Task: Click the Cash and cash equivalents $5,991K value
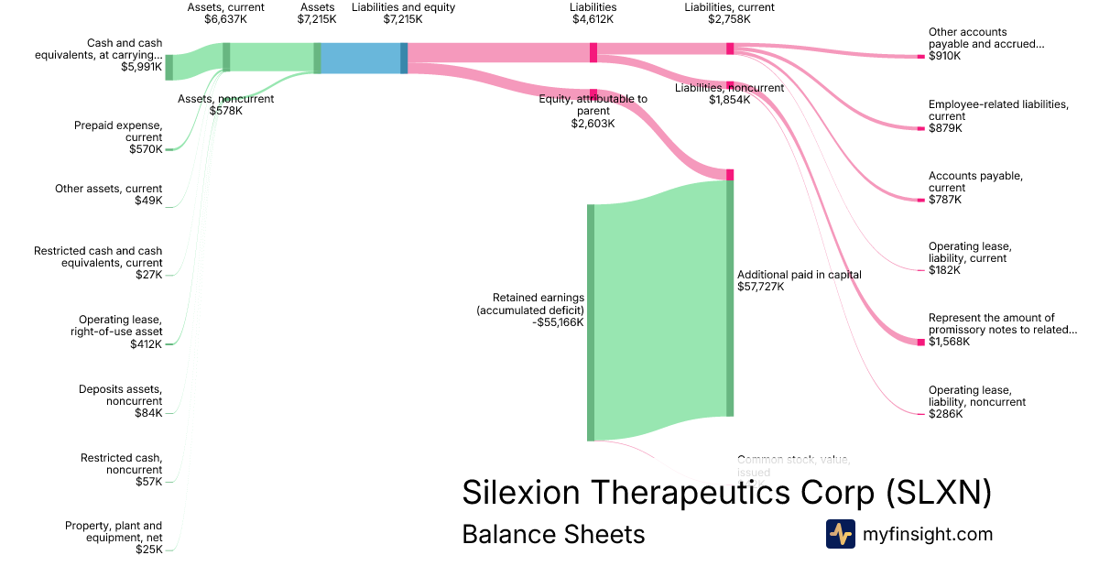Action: pyautogui.click(x=141, y=67)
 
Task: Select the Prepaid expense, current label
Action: pyautogui.click(x=118, y=131)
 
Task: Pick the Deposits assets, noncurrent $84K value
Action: pyautogui.click(x=147, y=413)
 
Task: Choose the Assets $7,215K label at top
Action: pyautogui.click(x=317, y=13)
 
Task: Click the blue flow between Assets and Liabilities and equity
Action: pyautogui.click(x=360, y=58)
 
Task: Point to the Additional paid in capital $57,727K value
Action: pyautogui.click(x=761, y=287)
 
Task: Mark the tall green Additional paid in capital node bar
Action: pyautogui.click(x=730, y=299)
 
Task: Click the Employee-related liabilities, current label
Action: pyautogui.click(x=998, y=110)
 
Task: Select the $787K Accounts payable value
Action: pyautogui.click(x=945, y=200)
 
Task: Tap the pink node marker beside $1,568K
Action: pyautogui.click(x=921, y=342)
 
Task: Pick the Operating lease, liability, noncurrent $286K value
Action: pyautogui.click(x=945, y=414)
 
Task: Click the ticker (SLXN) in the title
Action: pyautogui.click(x=939, y=493)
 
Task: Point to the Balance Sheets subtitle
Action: pyautogui.click(x=553, y=534)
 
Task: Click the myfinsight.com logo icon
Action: pyautogui.click(x=840, y=534)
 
